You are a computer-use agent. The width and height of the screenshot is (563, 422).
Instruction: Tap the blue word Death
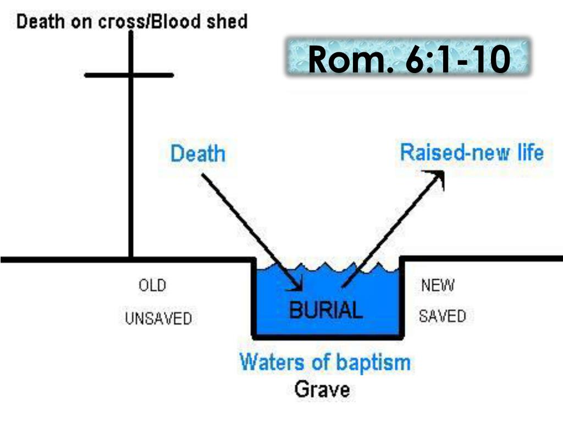pyautogui.click(x=198, y=153)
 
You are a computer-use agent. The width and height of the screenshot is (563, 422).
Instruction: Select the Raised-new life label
pyautogui.click(x=472, y=152)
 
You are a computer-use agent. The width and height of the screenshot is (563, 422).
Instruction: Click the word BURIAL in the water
pyautogui.click(x=326, y=310)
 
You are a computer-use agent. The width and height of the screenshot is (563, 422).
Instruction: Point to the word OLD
pyautogui.click(x=152, y=286)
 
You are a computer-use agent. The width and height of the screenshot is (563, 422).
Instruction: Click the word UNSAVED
pyautogui.click(x=158, y=318)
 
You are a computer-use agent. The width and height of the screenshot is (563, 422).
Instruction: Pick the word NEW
pyautogui.click(x=438, y=286)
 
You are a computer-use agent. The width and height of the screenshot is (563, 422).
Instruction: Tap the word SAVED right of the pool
pyautogui.click(x=442, y=316)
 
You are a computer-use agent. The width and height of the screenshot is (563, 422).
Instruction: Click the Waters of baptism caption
pyautogui.click(x=325, y=362)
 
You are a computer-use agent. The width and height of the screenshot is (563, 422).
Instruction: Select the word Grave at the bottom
pyautogui.click(x=322, y=390)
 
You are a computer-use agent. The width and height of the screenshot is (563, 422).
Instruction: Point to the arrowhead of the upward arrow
pyautogui.click(x=437, y=175)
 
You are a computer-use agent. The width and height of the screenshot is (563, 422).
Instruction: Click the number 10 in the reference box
pyautogui.click(x=490, y=59)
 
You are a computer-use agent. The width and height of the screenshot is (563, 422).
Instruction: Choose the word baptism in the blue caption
pyautogui.click(x=378, y=362)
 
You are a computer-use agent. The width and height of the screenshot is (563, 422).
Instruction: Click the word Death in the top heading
pyautogui.click(x=41, y=22)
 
